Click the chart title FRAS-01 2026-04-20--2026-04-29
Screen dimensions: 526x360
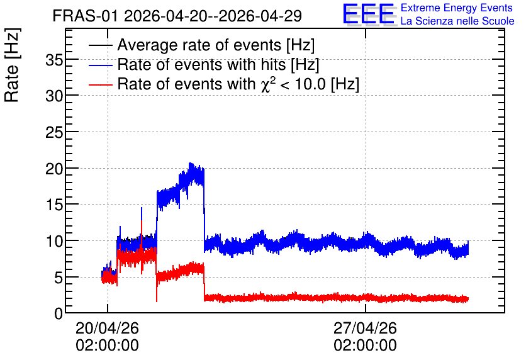[177, 16]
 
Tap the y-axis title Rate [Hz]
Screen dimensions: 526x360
[12, 65]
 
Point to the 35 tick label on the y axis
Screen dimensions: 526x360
[55, 60]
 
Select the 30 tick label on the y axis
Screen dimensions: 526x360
[55, 97]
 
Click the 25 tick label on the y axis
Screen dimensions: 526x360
[55, 133]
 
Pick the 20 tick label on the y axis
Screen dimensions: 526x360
[55, 169]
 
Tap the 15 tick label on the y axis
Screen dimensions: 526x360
[55, 205]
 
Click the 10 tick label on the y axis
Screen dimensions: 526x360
[55, 241]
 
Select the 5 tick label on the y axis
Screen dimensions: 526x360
[59, 278]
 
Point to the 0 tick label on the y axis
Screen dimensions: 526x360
[59, 314]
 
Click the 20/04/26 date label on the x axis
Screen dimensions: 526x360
[108, 328]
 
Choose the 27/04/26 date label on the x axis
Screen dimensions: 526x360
[366, 328]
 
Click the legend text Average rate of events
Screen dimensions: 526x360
[199, 45]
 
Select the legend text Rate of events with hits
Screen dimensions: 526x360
[201, 64]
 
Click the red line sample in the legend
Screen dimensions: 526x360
[101, 84]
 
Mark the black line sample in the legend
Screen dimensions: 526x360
[101, 45]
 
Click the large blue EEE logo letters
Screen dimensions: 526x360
[369, 14]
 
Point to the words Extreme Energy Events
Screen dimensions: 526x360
[457, 8]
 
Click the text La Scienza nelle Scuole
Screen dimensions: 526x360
[457, 21]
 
